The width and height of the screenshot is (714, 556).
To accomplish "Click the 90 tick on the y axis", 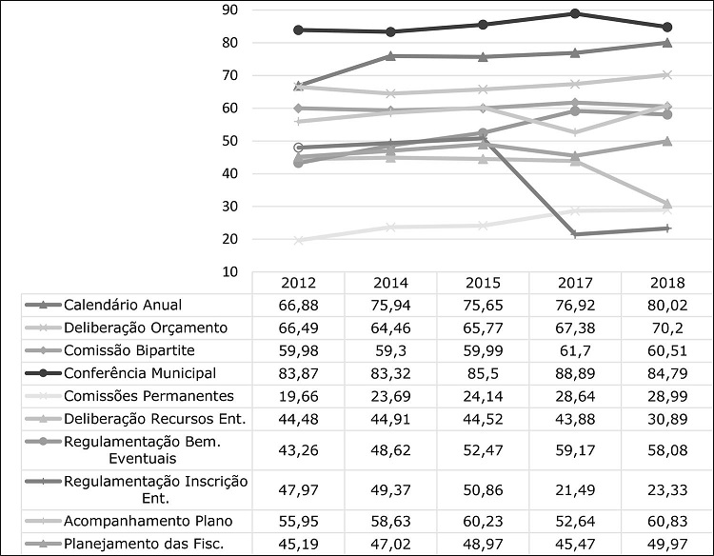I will point(228,10).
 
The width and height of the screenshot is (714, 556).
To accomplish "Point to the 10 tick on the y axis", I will point(228,271).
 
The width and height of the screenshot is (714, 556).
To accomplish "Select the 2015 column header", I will point(483,282).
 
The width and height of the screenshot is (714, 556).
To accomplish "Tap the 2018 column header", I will point(666,282).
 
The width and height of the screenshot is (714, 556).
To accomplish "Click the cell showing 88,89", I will point(574,372).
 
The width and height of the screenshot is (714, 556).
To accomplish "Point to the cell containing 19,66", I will point(298,395).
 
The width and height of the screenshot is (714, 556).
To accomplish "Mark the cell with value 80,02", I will point(666,306).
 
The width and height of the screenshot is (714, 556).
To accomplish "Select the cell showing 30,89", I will point(666,417).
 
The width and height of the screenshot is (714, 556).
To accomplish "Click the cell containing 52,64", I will point(574,521).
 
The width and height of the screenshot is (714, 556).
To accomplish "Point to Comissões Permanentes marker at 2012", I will point(299,240).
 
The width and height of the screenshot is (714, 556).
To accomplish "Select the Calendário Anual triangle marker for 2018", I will point(666,42).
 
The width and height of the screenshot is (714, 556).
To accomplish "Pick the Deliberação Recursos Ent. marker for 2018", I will point(666,204).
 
